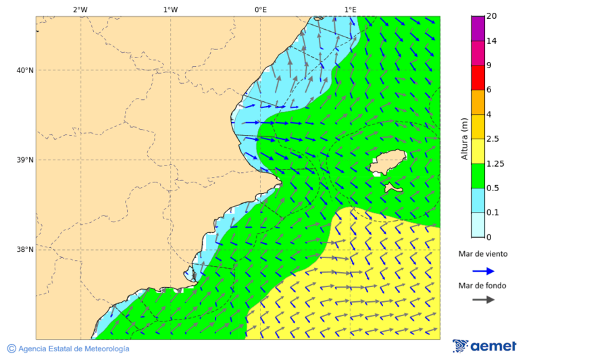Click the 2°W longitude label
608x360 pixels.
click(80, 9)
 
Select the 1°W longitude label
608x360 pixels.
click(170, 9)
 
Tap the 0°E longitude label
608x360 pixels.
click(260, 9)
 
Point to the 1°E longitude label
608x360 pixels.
click(350, 9)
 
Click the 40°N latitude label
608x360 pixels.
click(24, 70)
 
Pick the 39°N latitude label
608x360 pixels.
click(24, 160)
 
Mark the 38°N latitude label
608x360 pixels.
click(24, 250)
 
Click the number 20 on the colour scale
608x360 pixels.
click(492, 16)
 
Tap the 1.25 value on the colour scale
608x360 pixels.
click(496, 163)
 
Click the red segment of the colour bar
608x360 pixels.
click(478, 77)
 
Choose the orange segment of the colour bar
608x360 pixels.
click(478, 102)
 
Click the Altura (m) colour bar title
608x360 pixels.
click(464, 139)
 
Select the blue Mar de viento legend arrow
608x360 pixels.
click(483, 271)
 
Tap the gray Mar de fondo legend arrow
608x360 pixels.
click(483, 300)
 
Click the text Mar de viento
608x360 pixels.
click(482, 255)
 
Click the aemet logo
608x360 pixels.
click(484, 346)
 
